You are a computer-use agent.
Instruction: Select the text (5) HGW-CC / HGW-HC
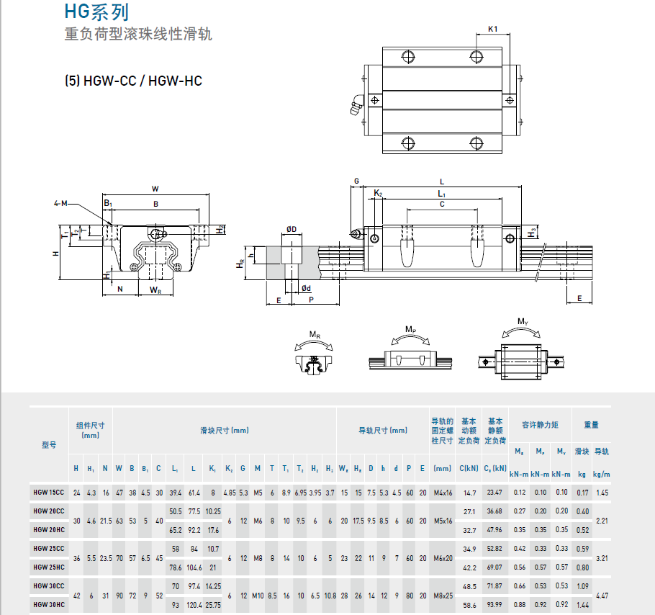(133, 81)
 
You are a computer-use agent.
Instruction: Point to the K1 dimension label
(493, 29)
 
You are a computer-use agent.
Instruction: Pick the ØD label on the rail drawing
(292, 229)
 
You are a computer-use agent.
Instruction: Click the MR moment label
(315, 335)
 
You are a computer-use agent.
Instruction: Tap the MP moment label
(410, 330)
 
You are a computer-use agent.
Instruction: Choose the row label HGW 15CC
(48, 493)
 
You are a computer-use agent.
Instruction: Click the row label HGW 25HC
(48, 567)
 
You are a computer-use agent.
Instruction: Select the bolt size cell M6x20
(442, 558)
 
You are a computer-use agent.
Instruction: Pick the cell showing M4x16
(442, 493)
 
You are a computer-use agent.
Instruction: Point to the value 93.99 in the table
(494, 604)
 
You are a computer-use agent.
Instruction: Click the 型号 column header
(49, 445)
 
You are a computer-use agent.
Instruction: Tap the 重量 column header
(591, 426)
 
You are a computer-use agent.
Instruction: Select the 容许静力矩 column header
(540, 426)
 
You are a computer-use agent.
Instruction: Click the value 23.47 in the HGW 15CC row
(494, 493)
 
